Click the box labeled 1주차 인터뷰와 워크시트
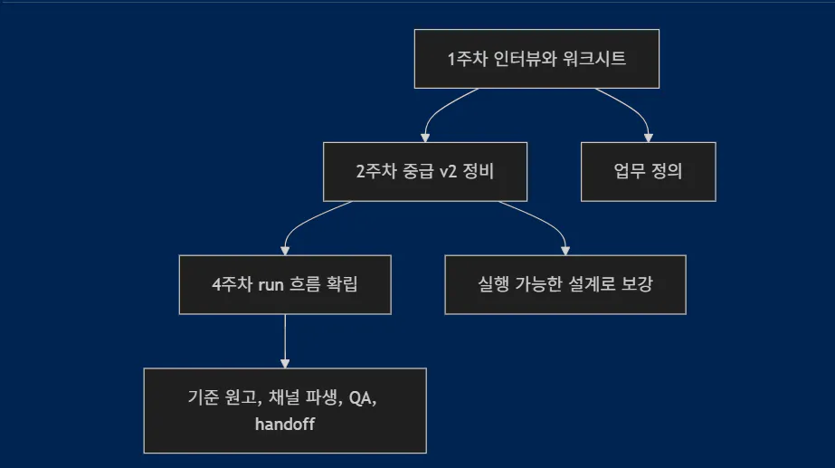pyautogui.click(x=536, y=59)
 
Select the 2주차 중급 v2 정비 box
pyautogui.click(x=425, y=172)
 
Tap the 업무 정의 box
pyautogui.click(x=648, y=172)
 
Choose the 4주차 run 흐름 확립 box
pyautogui.click(x=285, y=284)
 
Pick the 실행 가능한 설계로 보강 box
pyautogui.click(x=565, y=284)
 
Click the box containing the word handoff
pyautogui.click(x=285, y=410)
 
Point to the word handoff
pyautogui.click(x=285, y=424)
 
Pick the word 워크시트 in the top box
pyautogui.click(x=595, y=59)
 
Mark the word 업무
pyautogui.click(x=628, y=172)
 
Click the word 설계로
pyautogui.click(x=600, y=284)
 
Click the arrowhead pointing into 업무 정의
pyautogui.click(x=649, y=138)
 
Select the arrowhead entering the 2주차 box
pyautogui.click(x=425, y=138)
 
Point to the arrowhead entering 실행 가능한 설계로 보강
pyautogui.click(x=565, y=250)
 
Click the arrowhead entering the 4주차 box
pyautogui.click(x=285, y=250)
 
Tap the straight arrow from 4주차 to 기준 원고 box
pyautogui.click(x=285, y=339)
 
